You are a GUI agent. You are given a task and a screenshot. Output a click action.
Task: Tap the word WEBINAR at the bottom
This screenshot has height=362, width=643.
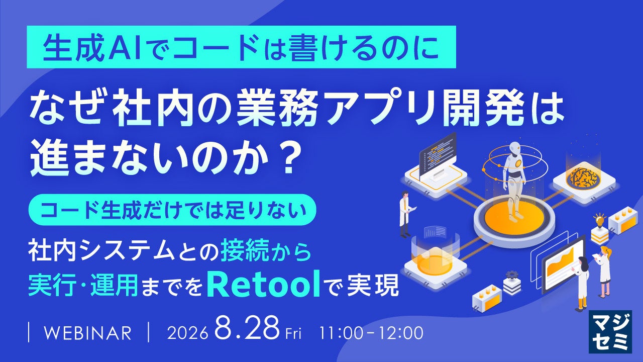pos(87,333)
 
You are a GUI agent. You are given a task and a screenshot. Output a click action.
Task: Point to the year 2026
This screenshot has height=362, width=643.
pos(187,333)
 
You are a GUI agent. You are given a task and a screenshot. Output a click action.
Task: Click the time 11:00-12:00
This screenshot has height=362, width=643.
pos(371,333)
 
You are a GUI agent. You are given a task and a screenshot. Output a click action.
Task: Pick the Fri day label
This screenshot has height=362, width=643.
pos(293,334)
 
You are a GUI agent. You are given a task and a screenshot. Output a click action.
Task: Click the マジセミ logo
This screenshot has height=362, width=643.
pos(610,332)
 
